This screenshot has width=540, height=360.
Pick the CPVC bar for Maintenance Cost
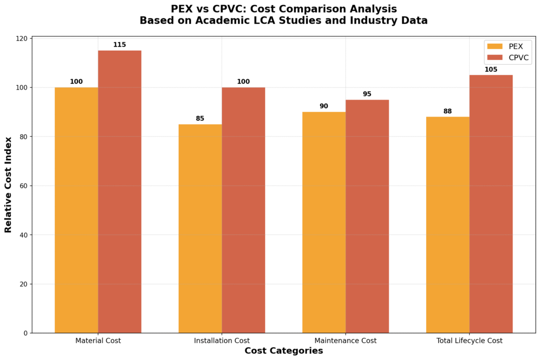point(367,216)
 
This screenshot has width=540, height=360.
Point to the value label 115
point(120,45)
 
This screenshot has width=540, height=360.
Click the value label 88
point(448,111)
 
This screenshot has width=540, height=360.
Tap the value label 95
point(367,94)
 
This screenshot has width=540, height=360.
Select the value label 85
point(200,119)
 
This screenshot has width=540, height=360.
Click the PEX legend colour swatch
point(495,46)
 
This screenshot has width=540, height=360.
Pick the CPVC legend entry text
point(519,57)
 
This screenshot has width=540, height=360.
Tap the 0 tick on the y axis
point(25,333)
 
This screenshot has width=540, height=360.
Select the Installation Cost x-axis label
point(221,340)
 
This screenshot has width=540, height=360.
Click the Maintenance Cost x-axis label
point(345,340)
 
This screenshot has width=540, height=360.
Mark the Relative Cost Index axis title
point(8,184)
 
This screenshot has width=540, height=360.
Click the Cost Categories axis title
point(284,351)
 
